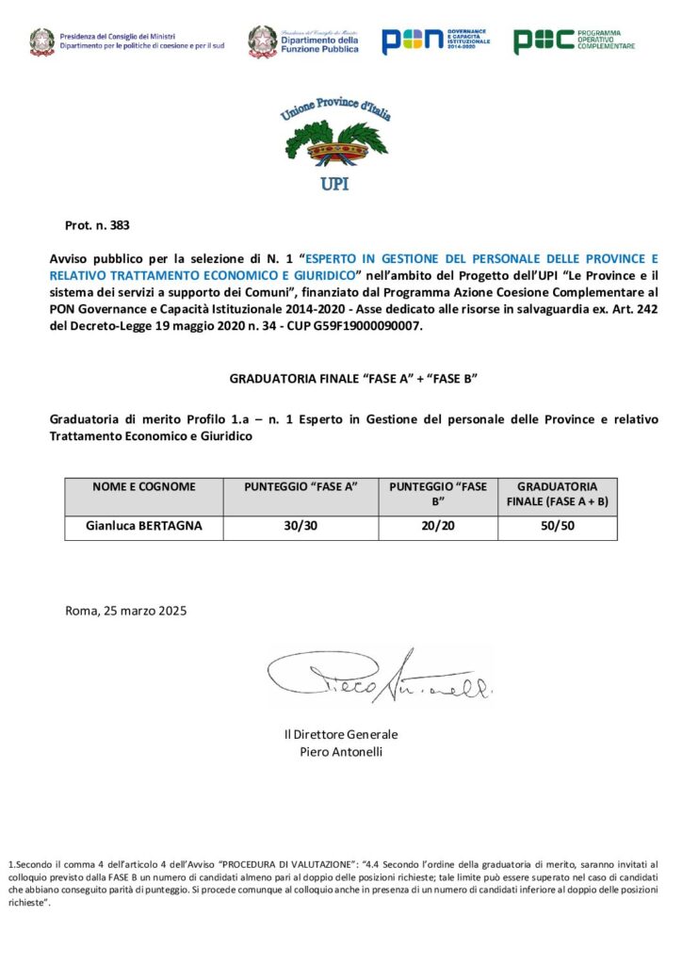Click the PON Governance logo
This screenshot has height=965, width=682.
click(435, 41)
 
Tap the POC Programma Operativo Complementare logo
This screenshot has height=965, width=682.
click(574, 41)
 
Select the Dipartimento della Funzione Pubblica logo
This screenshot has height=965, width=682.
click(303, 41)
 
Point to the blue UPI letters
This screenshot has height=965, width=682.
click(334, 184)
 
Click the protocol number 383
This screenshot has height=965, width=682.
click(119, 225)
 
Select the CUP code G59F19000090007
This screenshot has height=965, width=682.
click(372, 326)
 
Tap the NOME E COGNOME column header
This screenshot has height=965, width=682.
click(144, 487)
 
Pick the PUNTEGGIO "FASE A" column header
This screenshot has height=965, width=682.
click(300, 487)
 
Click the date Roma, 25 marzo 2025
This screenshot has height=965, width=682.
click(126, 611)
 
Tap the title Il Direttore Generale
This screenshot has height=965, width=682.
click(341, 734)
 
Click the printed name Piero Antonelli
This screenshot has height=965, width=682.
click(341, 751)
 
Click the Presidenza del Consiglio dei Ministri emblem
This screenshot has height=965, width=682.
click(41, 41)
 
